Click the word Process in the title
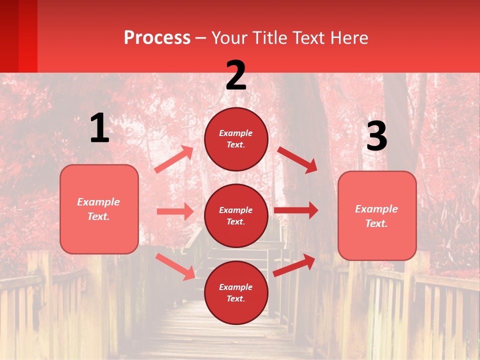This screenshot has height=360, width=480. [x=157, y=38]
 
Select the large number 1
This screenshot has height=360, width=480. [x=99, y=128]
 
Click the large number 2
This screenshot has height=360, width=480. [x=236, y=75]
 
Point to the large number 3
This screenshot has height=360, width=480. [x=376, y=136]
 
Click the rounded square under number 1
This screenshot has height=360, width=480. [x=99, y=209]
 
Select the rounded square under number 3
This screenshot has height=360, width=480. [x=377, y=216]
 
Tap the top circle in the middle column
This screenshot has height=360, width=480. [x=236, y=139]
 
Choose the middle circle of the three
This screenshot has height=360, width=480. [x=236, y=216]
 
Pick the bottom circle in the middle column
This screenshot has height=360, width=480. [x=236, y=293]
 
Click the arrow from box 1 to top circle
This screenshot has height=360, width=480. [x=174, y=159]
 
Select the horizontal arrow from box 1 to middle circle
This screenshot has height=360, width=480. [x=175, y=211]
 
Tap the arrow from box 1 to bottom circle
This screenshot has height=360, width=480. [x=175, y=266]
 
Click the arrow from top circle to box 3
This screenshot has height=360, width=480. [x=297, y=159]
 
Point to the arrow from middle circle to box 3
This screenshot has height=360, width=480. [x=296, y=210]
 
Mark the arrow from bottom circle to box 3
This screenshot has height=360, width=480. [x=294, y=265]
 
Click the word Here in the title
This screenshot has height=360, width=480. [x=348, y=38]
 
